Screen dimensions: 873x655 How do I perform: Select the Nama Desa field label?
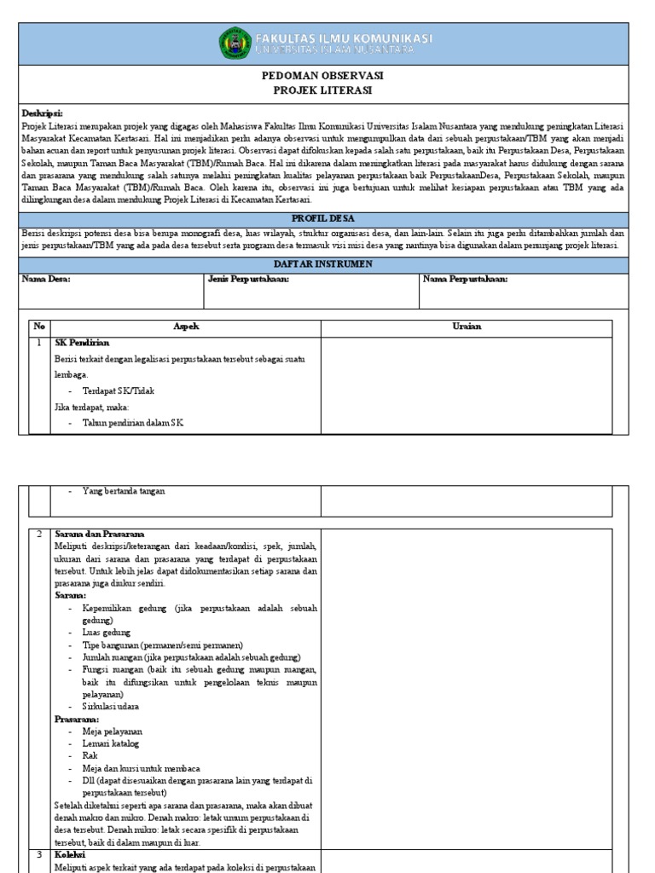click(45, 279)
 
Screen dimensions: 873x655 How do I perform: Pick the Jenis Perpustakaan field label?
click(248, 279)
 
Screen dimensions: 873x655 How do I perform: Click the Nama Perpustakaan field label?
click(466, 279)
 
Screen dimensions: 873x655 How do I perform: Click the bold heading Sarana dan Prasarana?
click(99, 534)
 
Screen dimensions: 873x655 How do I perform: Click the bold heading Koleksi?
click(70, 855)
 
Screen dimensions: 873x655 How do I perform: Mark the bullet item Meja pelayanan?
click(113, 731)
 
